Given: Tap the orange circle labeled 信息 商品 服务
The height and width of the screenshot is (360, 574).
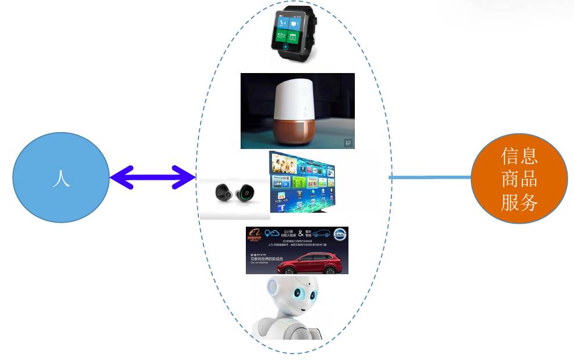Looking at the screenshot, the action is [x=519, y=179].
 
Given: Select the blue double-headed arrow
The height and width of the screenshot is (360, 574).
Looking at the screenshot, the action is [x=152, y=177].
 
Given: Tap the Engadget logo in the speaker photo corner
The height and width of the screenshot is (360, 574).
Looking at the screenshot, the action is [x=348, y=143].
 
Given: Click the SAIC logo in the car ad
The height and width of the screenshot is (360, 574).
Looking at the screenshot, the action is [x=339, y=234].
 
